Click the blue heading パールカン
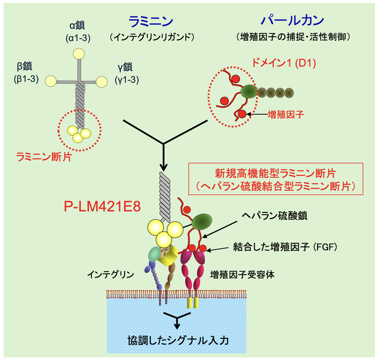pyautogui.click(x=292, y=21)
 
